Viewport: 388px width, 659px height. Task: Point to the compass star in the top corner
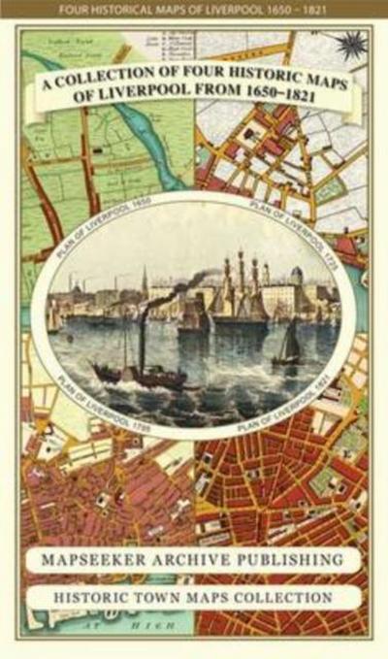point(350,44)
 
